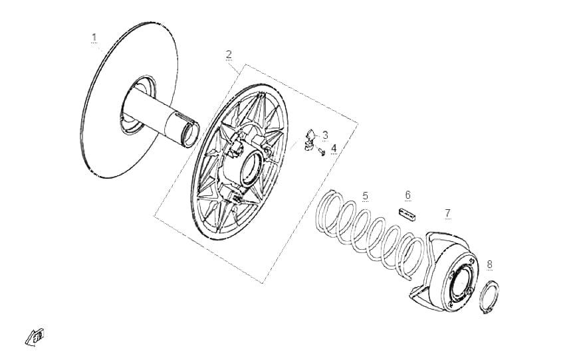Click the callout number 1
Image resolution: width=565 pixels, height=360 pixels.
pyautogui.click(x=94, y=37)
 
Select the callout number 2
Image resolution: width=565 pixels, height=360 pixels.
pyautogui.click(x=229, y=54)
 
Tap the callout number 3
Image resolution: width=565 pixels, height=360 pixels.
pyautogui.click(x=326, y=135)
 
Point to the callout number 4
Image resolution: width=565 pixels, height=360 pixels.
pyautogui.click(x=334, y=148)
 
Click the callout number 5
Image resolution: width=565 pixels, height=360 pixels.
pyautogui.click(x=366, y=196)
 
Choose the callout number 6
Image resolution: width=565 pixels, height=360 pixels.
pyautogui.click(x=408, y=195)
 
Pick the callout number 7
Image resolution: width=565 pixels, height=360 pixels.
pyautogui.click(x=447, y=213)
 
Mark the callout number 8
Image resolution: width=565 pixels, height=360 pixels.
pyautogui.click(x=489, y=264)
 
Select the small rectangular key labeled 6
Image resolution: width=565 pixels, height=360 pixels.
pyautogui.click(x=407, y=213)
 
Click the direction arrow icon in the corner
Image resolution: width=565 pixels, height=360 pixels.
pyautogui.click(x=35, y=337)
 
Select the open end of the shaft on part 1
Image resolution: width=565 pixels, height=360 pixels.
pyautogui.click(x=191, y=134)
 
